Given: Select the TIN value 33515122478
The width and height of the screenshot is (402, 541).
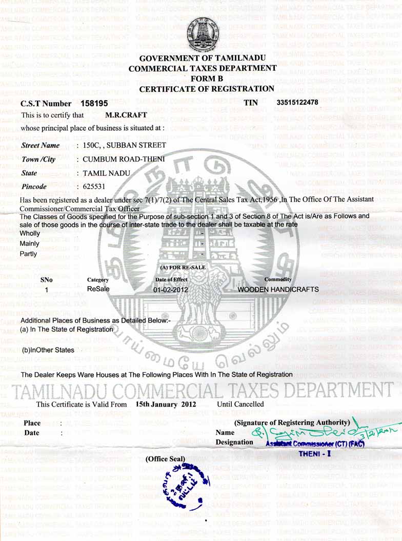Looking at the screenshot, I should [x=297, y=102].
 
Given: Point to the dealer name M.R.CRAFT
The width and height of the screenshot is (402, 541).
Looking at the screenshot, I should [x=130, y=115].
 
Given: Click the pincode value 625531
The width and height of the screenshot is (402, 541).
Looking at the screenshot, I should [x=93, y=186].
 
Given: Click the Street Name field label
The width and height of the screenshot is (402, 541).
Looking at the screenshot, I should [x=40, y=146].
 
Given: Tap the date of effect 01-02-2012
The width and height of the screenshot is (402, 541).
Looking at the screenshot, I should [x=171, y=289].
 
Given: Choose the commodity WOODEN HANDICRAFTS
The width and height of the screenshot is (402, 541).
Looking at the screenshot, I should [x=278, y=289].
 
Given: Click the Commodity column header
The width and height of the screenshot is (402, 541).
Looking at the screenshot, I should [x=278, y=279].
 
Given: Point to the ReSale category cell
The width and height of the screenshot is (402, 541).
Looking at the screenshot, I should [x=98, y=289].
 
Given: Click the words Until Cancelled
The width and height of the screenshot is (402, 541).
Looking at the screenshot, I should [x=240, y=404].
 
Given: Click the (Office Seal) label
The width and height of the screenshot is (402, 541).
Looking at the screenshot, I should [x=166, y=459].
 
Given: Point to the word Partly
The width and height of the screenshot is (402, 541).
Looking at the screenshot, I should [x=28, y=253].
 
